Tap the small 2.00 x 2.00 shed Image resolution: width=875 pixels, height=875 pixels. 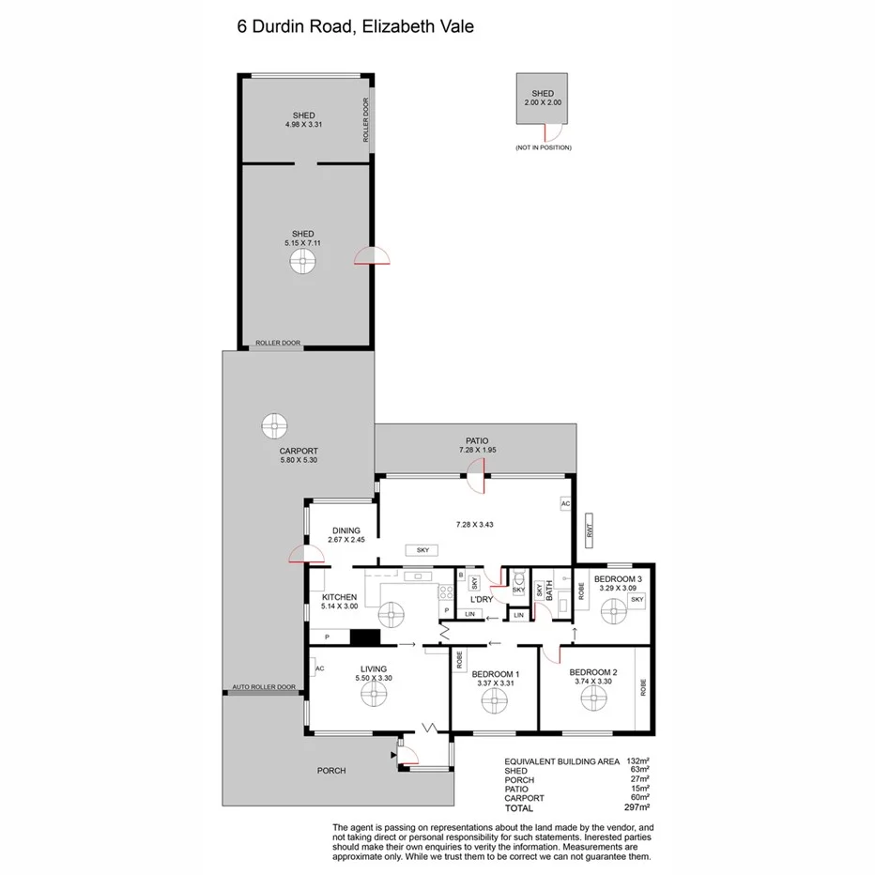(543, 99)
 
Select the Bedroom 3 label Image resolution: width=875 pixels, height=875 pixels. (618, 579)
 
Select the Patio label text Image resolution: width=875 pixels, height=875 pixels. (477, 440)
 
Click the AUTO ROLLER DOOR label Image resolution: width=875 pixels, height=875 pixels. (264, 687)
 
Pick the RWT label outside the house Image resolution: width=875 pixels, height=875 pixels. (591, 529)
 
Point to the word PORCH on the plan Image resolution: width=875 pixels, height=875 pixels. (331, 771)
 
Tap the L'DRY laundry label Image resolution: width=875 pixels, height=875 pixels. (482, 600)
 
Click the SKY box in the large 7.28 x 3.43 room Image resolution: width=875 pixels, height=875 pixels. (415, 550)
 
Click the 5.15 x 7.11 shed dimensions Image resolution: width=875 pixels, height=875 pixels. (302, 243)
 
